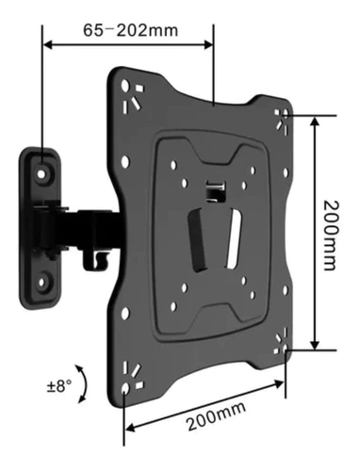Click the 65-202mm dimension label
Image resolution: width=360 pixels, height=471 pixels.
130,31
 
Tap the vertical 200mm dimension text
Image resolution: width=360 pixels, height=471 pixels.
332,235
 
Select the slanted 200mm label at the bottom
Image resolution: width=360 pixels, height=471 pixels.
217,415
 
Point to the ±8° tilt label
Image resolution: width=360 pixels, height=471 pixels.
59,385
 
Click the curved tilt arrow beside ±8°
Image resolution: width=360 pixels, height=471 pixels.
84,383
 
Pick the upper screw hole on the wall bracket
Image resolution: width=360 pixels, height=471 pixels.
41,173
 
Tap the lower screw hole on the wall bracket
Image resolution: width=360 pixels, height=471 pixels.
41,283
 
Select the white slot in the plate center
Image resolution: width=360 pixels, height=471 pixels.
234,238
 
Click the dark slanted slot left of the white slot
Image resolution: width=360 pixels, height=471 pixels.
197,241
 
